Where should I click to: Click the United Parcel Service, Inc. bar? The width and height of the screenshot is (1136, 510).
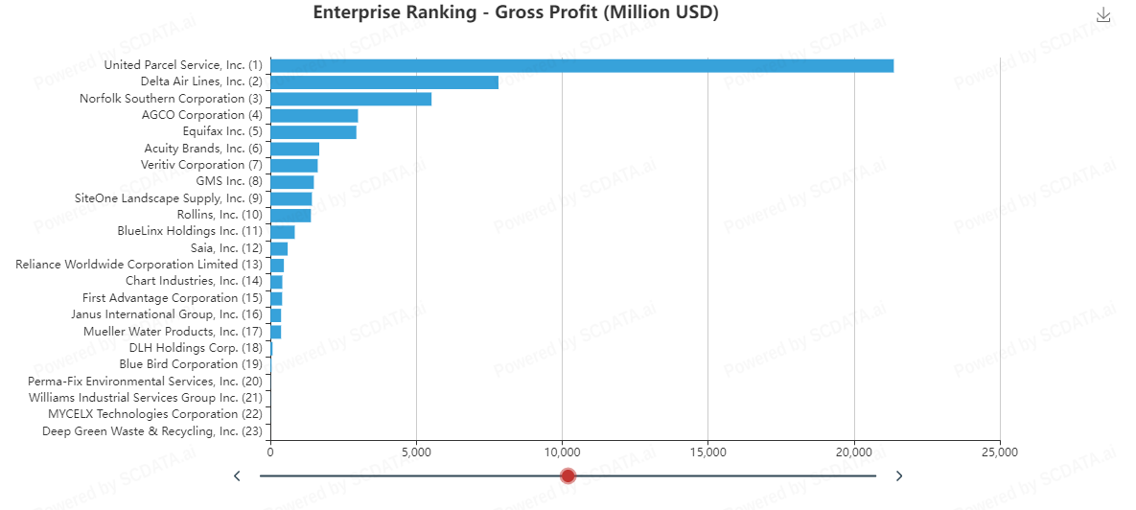582,65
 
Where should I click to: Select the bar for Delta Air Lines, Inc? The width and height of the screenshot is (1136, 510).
384,82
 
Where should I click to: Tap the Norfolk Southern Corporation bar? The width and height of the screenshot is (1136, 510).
351,99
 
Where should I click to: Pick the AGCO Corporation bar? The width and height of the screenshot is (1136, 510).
314,115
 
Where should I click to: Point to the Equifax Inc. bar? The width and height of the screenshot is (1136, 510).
313,132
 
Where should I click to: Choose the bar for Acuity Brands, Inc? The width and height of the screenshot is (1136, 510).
294,149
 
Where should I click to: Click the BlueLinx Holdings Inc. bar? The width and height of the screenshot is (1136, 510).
283,231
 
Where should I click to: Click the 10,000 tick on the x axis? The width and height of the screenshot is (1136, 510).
562,452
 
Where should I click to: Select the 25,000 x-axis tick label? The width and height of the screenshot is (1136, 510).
999,452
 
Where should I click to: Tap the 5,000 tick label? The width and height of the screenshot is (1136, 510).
416,452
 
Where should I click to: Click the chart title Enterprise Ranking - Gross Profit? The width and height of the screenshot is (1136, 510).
516,12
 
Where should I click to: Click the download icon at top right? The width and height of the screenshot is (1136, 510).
1103,14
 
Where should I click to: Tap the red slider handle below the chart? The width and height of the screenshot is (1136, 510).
568,475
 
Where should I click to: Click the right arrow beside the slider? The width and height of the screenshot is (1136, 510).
898,475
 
